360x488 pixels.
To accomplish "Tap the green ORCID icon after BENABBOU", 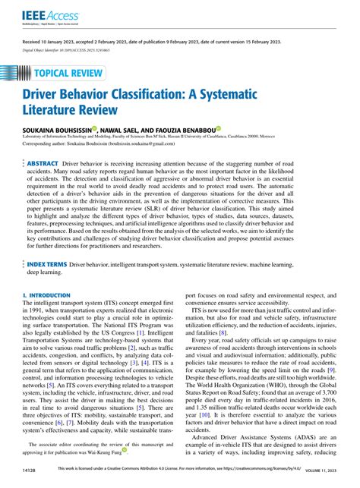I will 218,129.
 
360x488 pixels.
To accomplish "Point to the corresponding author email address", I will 151,144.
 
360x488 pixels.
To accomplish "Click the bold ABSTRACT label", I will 43,162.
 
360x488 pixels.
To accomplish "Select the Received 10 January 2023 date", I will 52,43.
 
